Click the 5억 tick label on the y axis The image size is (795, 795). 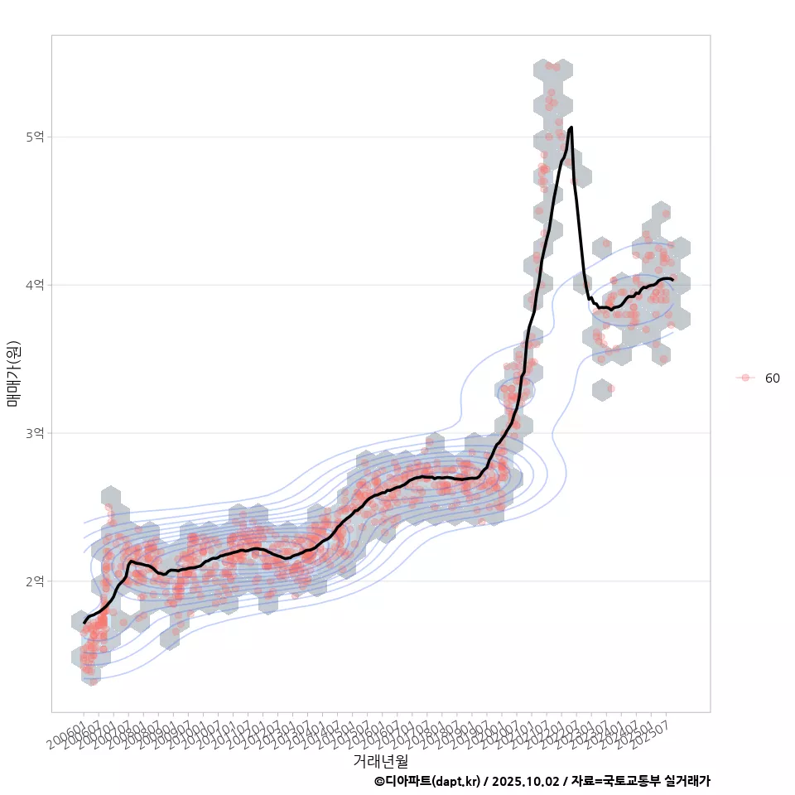(x=35, y=137)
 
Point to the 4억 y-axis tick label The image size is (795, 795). (x=35, y=285)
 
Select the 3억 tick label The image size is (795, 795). (x=35, y=433)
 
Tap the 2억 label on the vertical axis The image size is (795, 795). (x=35, y=581)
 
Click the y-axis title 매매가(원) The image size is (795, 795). (x=13, y=373)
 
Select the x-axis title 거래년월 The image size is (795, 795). (x=380, y=760)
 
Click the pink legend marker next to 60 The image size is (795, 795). (x=745, y=378)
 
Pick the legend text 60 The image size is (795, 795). (x=772, y=378)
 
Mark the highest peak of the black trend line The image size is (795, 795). (x=571, y=128)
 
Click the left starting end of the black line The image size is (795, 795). (x=84, y=622)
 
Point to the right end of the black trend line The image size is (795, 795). (x=672, y=280)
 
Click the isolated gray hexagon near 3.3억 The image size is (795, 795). (x=604, y=388)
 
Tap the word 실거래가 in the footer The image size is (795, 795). (x=686, y=781)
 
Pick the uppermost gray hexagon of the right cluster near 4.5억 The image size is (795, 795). (x=661, y=212)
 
